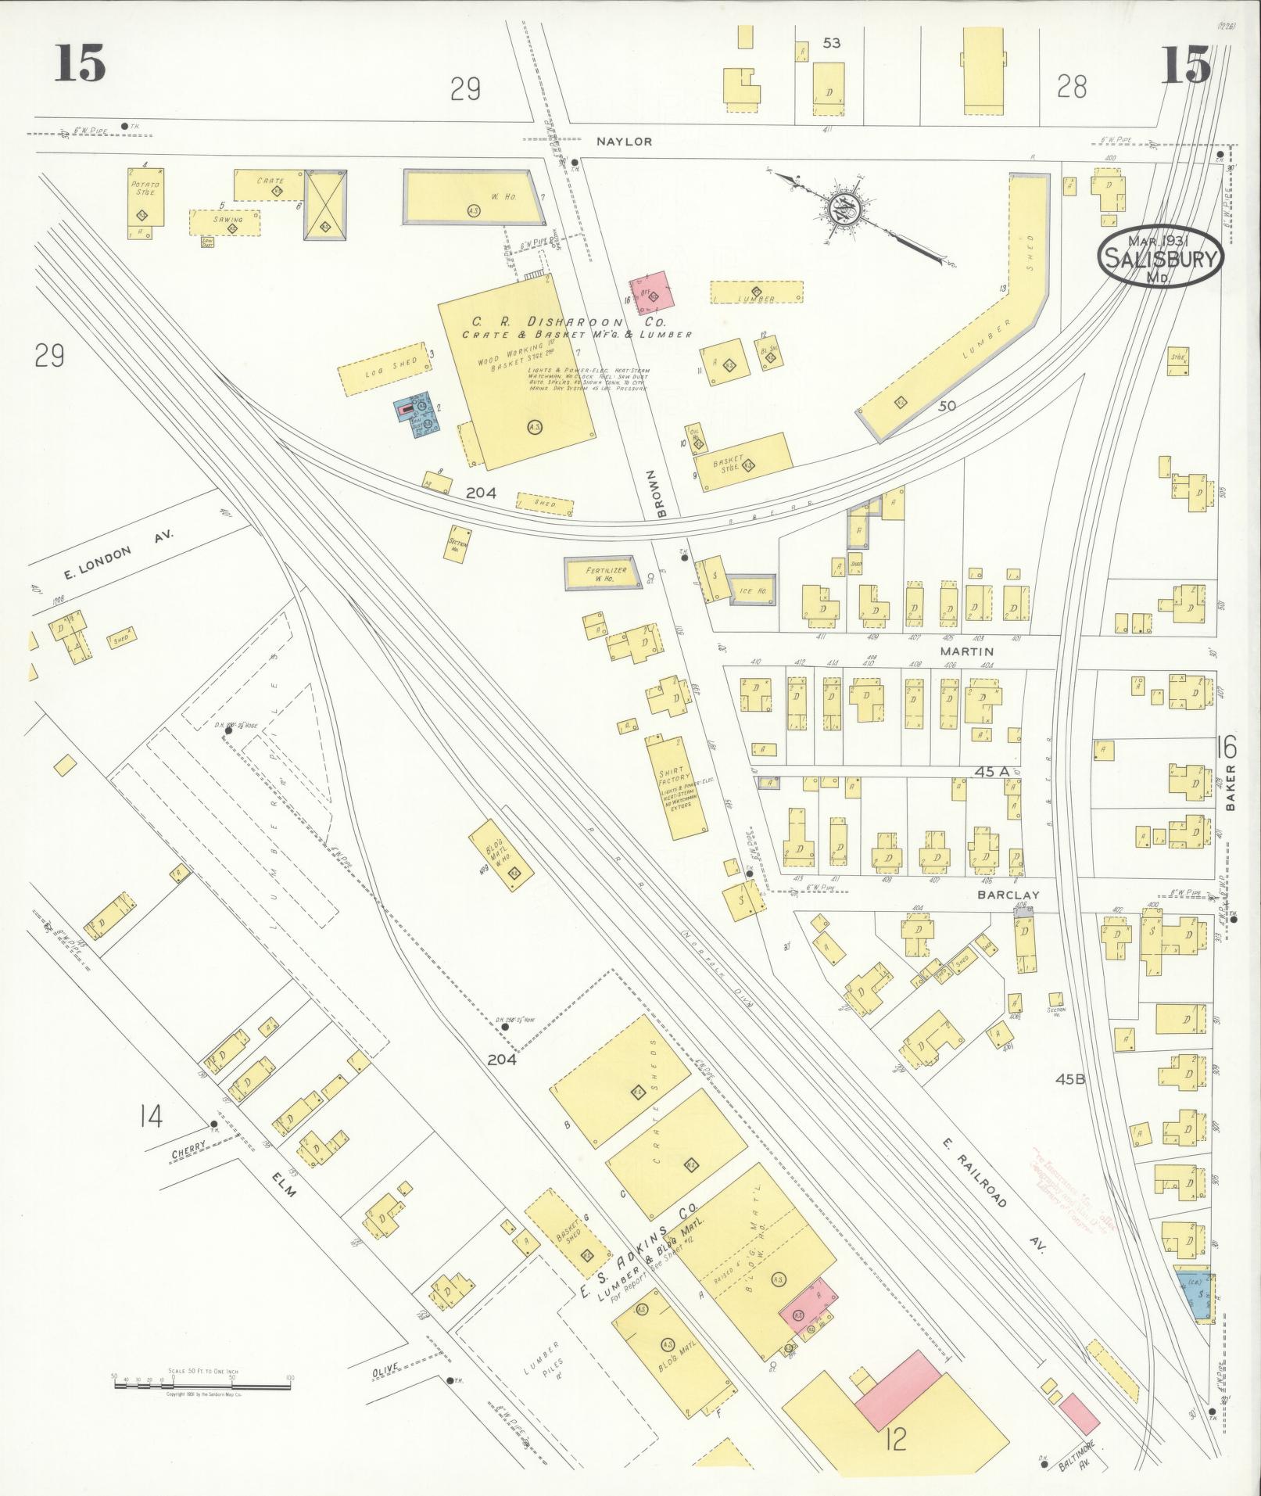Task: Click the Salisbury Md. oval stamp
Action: point(1161,257)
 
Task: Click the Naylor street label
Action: point(624,142)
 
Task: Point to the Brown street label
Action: point(661,495)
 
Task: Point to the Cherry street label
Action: point(188,1146)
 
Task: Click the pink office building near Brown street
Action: point(653,293)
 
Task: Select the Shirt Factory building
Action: point(675,787)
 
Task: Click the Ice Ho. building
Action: point(752,590)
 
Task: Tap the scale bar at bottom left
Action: point(202,1384)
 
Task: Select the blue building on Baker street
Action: point(1195,1296)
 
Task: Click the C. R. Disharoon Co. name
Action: point(568,321)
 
